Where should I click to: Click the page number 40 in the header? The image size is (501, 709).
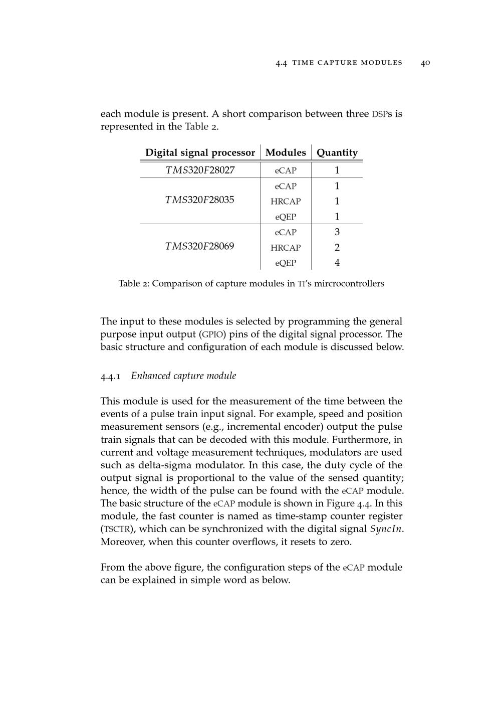coord(425,63)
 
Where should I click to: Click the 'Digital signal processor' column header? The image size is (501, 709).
coord(200,152)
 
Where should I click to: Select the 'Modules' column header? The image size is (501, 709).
coord(286,152)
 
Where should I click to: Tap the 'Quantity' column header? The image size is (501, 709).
coord(337,152)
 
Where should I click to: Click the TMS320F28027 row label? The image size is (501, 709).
coord(200,170)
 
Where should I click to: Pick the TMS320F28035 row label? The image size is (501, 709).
coord(200,200)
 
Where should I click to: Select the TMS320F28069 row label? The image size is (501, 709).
coord(200,246)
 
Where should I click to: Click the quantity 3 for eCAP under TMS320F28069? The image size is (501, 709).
coord(337,232)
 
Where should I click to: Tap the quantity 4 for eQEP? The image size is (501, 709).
coord(337,262)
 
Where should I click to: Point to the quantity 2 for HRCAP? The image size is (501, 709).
coord(337,247)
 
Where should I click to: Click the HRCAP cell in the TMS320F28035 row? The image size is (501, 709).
coord(286,202)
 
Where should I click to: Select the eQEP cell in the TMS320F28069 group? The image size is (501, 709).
coord(286,263)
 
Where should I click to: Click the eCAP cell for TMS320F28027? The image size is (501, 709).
coord(286,170)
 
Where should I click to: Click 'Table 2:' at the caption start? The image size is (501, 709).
coord(134,284)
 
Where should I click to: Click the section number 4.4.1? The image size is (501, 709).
coord(110,376)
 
